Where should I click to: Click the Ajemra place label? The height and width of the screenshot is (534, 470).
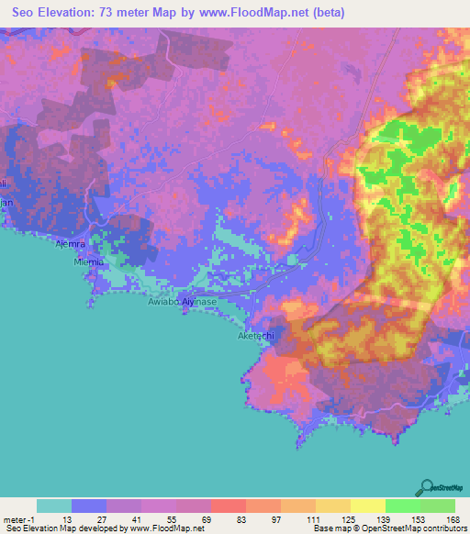pyautogui.click(x=96, y=244)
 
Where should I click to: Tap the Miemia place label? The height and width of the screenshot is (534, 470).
pyautogui.click(x=92, y=261)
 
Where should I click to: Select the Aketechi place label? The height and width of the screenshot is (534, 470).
pyautogui.click(x=256, y=336)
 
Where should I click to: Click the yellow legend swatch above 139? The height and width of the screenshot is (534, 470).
pyautogui.click(x=367, y=506)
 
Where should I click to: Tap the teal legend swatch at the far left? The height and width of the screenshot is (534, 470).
pyautogui.click(x=53, y=506)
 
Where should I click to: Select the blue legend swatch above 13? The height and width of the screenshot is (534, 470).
pyautogui.click(x=88, y=506)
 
